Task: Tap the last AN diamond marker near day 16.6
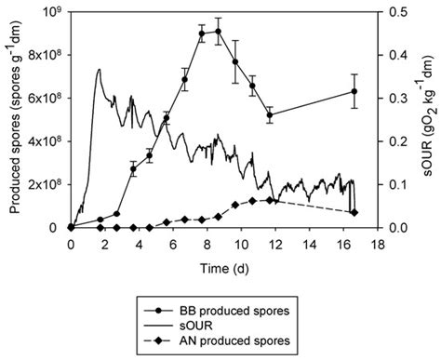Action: coord(354,213)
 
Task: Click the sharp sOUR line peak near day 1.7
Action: coord(99,70)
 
